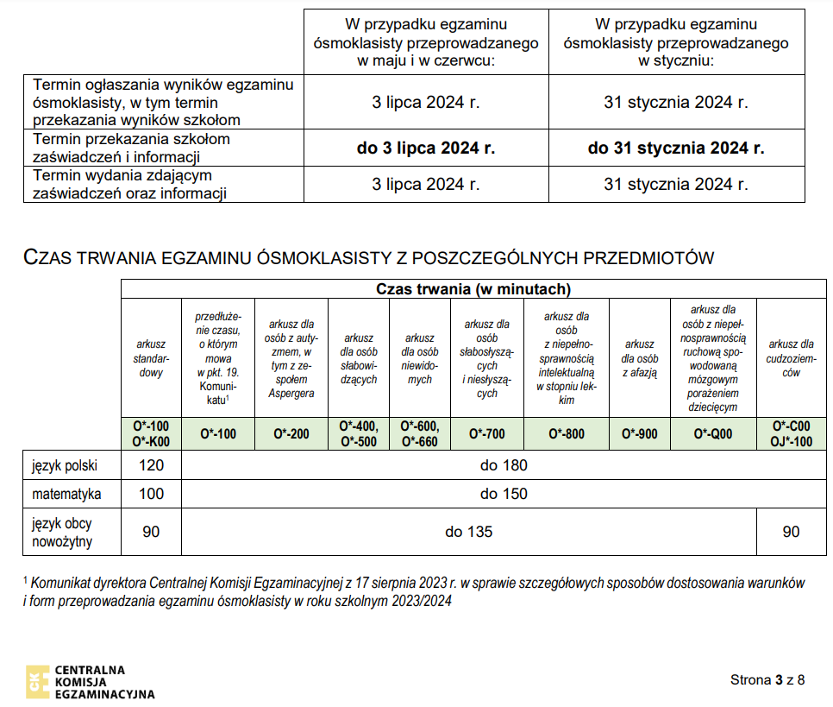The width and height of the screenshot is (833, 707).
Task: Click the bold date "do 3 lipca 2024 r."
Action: (426, 148)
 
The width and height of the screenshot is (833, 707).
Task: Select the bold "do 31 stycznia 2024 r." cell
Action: (676, 148)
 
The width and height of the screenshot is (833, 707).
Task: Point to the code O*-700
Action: (486, 433)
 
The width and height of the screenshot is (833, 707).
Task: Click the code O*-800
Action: (567, 433)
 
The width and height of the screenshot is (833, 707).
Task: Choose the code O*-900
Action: (639, 433)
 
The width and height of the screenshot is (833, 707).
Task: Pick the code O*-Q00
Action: (713, 433)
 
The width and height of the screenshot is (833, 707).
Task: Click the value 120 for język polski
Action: (151, 465)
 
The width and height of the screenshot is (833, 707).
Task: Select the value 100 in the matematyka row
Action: (151, 495)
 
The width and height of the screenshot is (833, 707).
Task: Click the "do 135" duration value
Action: (469, 532)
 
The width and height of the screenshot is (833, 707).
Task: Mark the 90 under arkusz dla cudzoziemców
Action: (791, 532)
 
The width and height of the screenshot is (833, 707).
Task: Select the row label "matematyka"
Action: (66, 495)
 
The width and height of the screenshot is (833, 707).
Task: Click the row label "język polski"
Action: (64, 465)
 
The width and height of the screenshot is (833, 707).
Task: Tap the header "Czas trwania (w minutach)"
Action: (473, 289)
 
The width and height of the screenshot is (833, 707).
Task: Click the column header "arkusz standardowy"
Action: (151, 358)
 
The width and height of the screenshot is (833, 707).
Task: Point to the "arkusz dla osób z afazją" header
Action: (639, 358)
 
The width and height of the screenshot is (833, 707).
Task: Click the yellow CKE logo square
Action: (37, 681)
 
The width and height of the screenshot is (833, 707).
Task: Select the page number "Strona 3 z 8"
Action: (767, 679)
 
